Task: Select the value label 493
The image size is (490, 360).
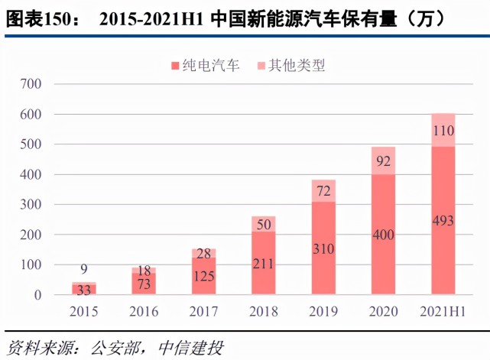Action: pos(443,222)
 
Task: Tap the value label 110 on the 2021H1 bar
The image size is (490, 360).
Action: pos(443,130)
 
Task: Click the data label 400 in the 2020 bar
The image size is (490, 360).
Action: pos(383,235)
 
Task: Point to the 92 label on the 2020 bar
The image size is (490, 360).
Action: pos(383,161)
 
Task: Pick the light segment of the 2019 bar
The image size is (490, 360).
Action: pos(323,191)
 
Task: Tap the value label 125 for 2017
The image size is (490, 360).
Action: pos(203,277)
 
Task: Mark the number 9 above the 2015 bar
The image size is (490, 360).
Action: pos(84,269)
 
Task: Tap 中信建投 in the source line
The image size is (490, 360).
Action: pos(191,347)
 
